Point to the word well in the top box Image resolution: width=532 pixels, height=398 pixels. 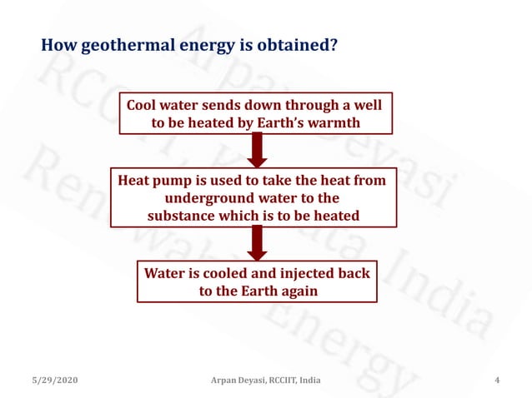point(366,106)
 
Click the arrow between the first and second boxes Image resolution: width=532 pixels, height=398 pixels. point(258,151)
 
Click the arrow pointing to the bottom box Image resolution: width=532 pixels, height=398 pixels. point(258,243)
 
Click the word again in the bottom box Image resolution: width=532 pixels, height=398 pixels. point(295,291)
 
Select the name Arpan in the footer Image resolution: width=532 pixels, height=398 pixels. point(226,381)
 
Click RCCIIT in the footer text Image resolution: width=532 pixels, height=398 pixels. point(279,381)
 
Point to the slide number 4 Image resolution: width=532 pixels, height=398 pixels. point(497,381)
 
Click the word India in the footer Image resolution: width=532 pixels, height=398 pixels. point(310,381)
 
